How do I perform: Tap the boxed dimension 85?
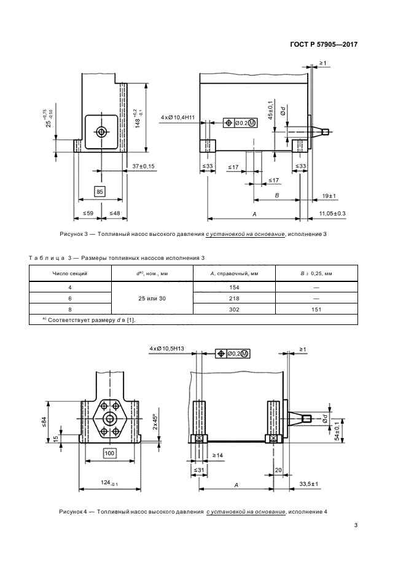pos(100,192)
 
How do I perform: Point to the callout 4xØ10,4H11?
pos(178,117)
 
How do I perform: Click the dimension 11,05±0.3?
pos(332,213)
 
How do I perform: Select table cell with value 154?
pos(233,287)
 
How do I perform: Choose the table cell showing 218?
pos(233,298)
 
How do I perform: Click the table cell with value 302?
pos(233,309)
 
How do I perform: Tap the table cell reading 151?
pos(316,309)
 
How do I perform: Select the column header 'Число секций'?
pos(70,272)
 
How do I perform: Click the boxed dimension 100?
pos(110,453)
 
